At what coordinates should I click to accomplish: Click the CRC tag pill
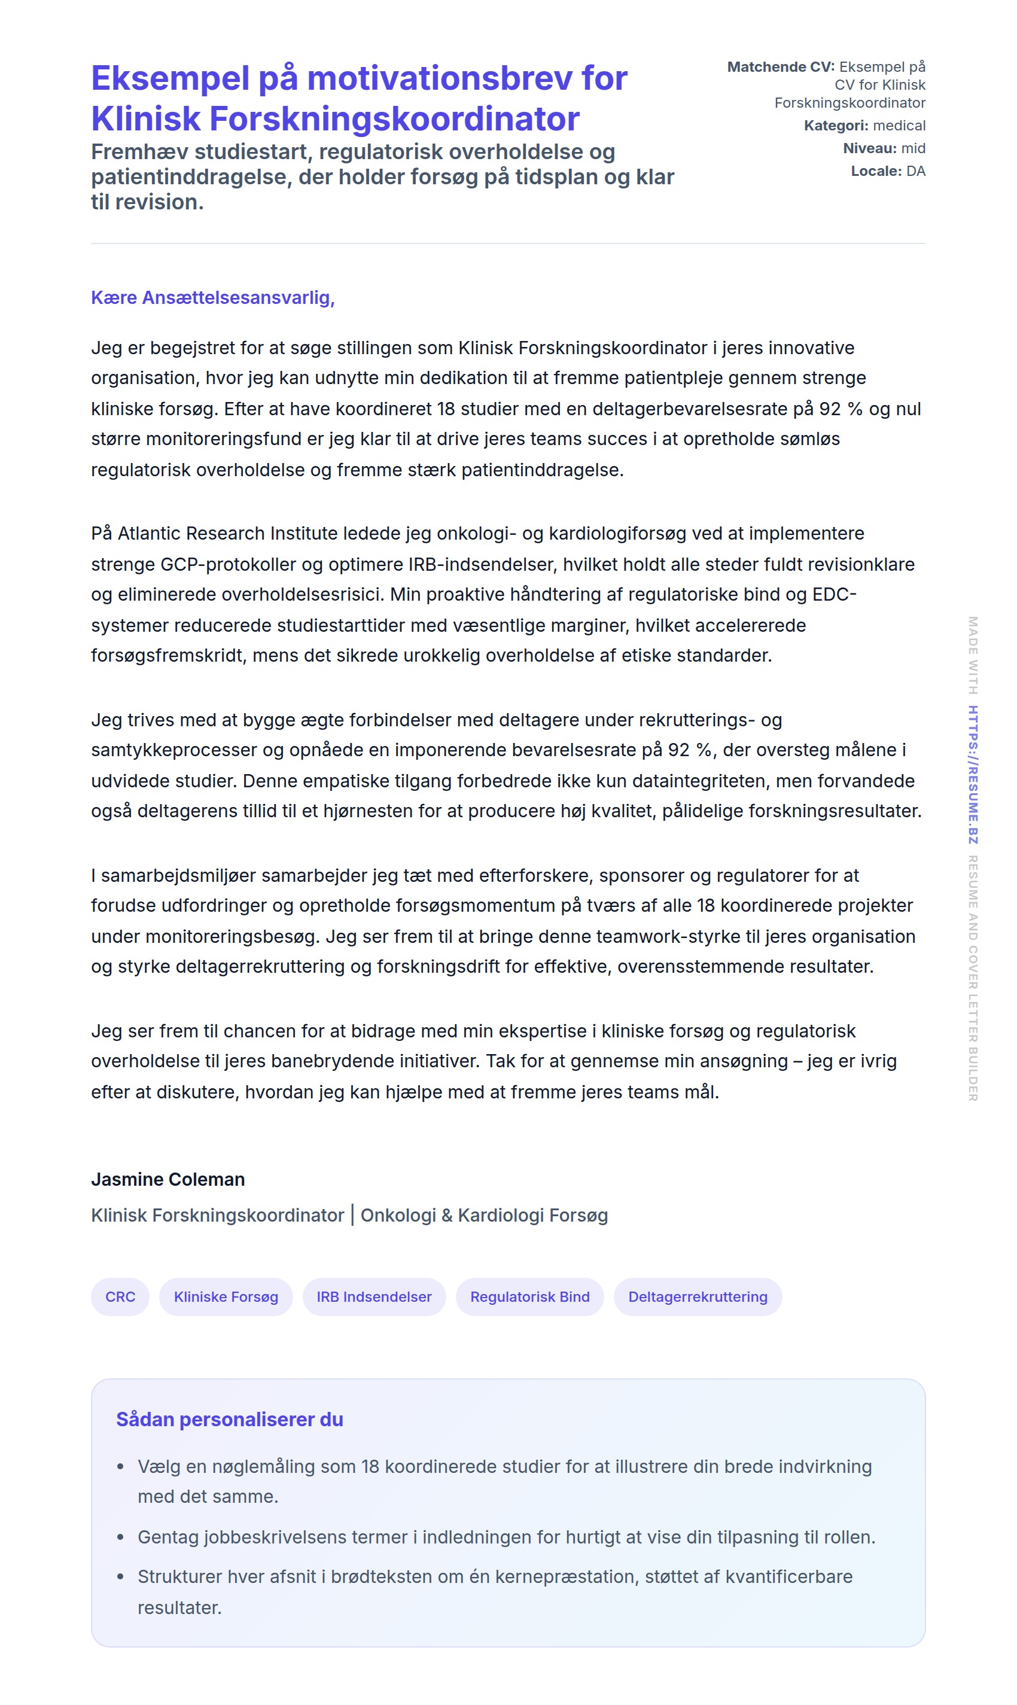tap(120, 1296)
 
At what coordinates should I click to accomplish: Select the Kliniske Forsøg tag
tap(226, 1296)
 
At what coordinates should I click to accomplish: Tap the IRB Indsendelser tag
tap(373, 1296)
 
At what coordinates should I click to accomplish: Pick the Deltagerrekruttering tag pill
tap(697, 1296)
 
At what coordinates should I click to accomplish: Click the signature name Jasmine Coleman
tap(168, 1179)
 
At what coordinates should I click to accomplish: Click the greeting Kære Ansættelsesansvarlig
tap(212, 298)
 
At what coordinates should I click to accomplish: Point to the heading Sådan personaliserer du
tap(230, 1419)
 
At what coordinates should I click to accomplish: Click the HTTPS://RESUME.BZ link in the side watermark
tap(973, 774)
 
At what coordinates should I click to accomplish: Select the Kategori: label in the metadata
tap(835, 126)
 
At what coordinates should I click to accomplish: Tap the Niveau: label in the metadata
tap(869, 149)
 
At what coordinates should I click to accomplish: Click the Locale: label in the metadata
tap(876, 171)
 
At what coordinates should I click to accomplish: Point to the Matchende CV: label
tap(781, 67)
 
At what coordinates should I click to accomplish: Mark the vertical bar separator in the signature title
tap(352, 1215)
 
